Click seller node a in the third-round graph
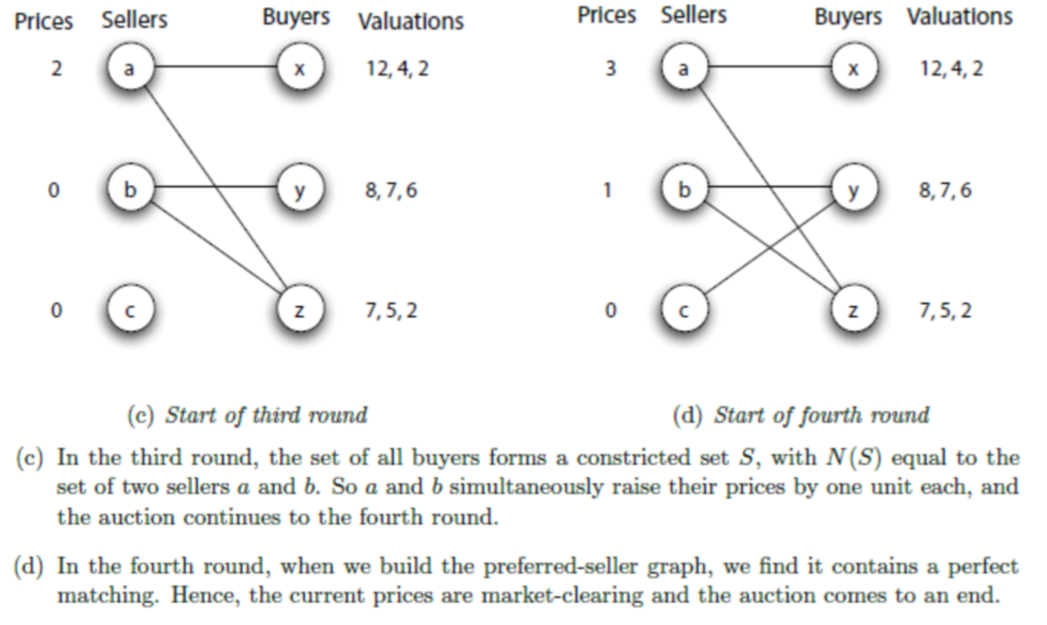pyautogui.click(x=129, y=69)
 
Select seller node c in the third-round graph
pyautogui.click(x=129, y=310)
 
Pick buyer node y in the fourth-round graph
pyautogui.click(x=853, y=190)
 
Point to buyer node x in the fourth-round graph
pyautogui.click(x=853, y=69)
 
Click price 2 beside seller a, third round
pyautogui.click(x=55, y=70)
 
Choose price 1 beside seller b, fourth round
pyautogui.click(x=607, y=190)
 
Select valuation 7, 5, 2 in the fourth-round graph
pyautogui.click(x=945, y=311)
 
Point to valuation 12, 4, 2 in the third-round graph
pyautogui.click(x=397, y=70)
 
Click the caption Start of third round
pyautogui.click(x=246, y=415)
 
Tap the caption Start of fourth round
pyautogui.click(x=801, y=415)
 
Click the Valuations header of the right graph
pyautogui.click(x=959, y=17)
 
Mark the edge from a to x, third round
pyautogui.click(x=213, y=67)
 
